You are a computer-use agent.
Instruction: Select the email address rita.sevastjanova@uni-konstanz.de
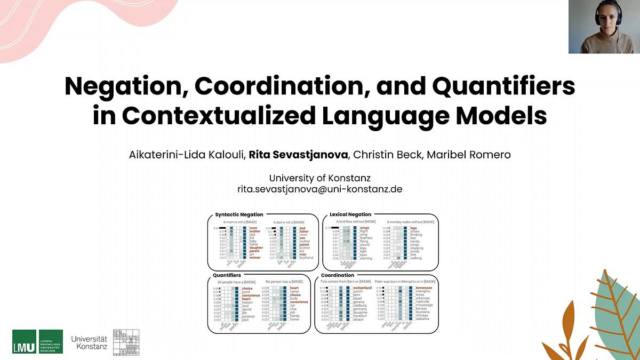tap(319, 188)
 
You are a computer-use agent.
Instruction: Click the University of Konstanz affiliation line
tap(319, 178)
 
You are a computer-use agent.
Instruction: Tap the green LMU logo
tap(37, 341)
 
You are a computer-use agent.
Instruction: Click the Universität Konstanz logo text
tap(89, 342)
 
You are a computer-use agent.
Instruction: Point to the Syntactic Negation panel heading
tap(239, 214)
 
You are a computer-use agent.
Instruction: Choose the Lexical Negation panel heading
tap(351, 214)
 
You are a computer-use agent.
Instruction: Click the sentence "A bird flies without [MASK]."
tap(356, 221)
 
